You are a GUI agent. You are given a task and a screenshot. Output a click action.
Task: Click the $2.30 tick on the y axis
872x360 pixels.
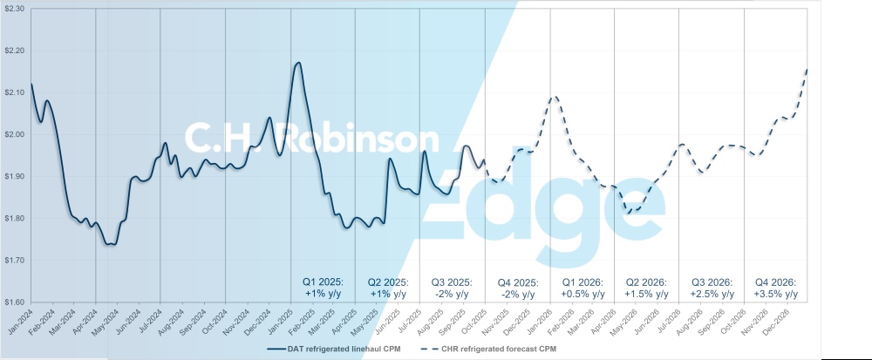(14, 8)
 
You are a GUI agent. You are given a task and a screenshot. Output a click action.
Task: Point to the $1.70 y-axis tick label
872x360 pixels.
(14, 261)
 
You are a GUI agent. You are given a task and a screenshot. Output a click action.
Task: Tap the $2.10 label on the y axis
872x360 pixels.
(14, 92)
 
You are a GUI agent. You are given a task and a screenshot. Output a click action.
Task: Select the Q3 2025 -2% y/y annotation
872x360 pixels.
(453, 289)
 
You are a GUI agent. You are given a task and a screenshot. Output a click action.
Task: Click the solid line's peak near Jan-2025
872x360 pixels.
(298, 63)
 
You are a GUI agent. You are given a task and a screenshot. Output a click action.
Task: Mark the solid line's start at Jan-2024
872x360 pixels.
(31, 84)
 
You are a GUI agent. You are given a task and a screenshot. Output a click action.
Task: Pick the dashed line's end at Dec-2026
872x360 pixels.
(807, 67)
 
